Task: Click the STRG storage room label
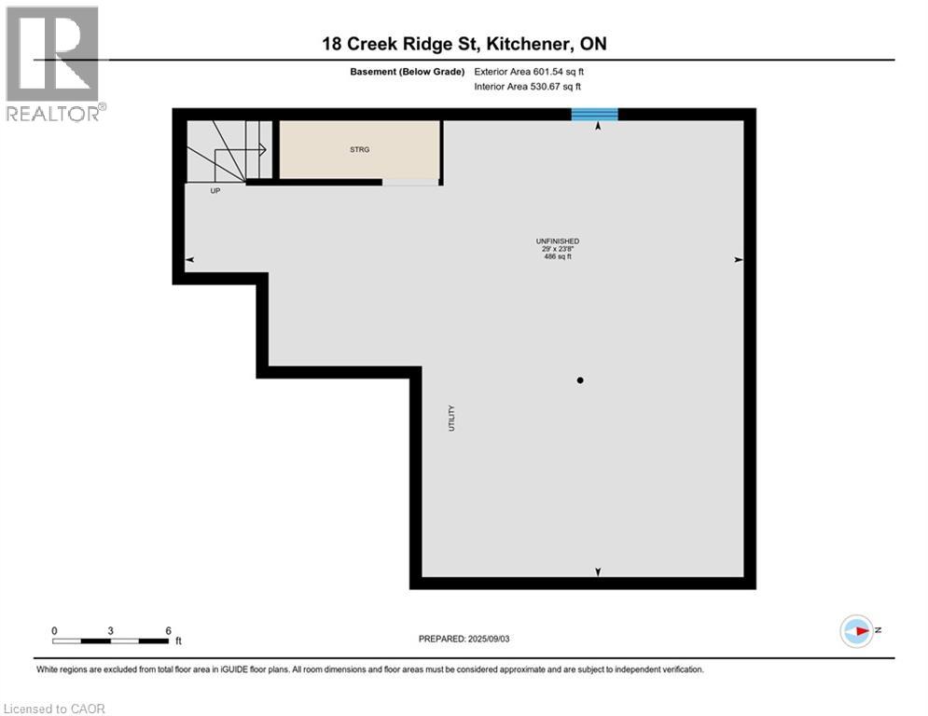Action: click(359, 149)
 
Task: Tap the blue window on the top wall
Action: click(594, 114)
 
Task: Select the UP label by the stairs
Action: click(215, 190)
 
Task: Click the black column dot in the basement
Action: click(580, 380)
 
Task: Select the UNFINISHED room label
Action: click(558, 241)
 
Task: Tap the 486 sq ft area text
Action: click(558, 256)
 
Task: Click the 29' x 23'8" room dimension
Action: click(558, 249)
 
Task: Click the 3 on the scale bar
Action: click(110, 631)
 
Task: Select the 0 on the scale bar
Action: click(54, 631)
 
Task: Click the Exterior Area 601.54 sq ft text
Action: click(528, 71)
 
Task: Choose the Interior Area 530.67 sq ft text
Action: click(528, 87)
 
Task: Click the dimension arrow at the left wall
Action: click(189, 260)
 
